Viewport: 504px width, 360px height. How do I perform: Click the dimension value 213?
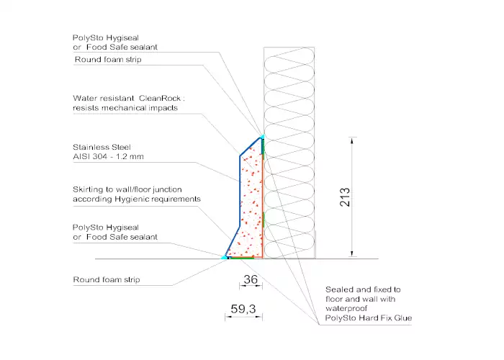345,197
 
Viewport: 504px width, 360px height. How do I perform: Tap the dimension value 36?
251,279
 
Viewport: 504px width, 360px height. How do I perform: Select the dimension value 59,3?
243,309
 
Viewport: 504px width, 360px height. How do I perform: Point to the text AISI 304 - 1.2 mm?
108,156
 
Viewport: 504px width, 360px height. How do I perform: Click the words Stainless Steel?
102,147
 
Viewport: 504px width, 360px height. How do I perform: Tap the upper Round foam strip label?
108,60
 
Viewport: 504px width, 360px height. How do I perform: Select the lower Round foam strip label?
107,279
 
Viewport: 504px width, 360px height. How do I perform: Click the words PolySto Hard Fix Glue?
369,318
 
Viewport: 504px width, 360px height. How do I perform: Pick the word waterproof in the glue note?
346,309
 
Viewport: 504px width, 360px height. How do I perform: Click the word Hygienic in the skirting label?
132,199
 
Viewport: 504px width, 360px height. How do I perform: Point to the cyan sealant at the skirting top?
262,137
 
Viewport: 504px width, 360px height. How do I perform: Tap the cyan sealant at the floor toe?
223,257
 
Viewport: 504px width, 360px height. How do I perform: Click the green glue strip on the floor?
242,258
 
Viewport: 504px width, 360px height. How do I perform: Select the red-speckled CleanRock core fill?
251,202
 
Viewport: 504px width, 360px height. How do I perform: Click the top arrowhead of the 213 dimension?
352,140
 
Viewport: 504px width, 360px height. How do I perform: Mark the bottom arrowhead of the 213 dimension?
352,253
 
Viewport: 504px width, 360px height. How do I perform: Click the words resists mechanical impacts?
125,108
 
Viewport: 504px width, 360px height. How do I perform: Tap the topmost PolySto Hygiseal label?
106,38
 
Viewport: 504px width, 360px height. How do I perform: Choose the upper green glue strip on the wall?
263,150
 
